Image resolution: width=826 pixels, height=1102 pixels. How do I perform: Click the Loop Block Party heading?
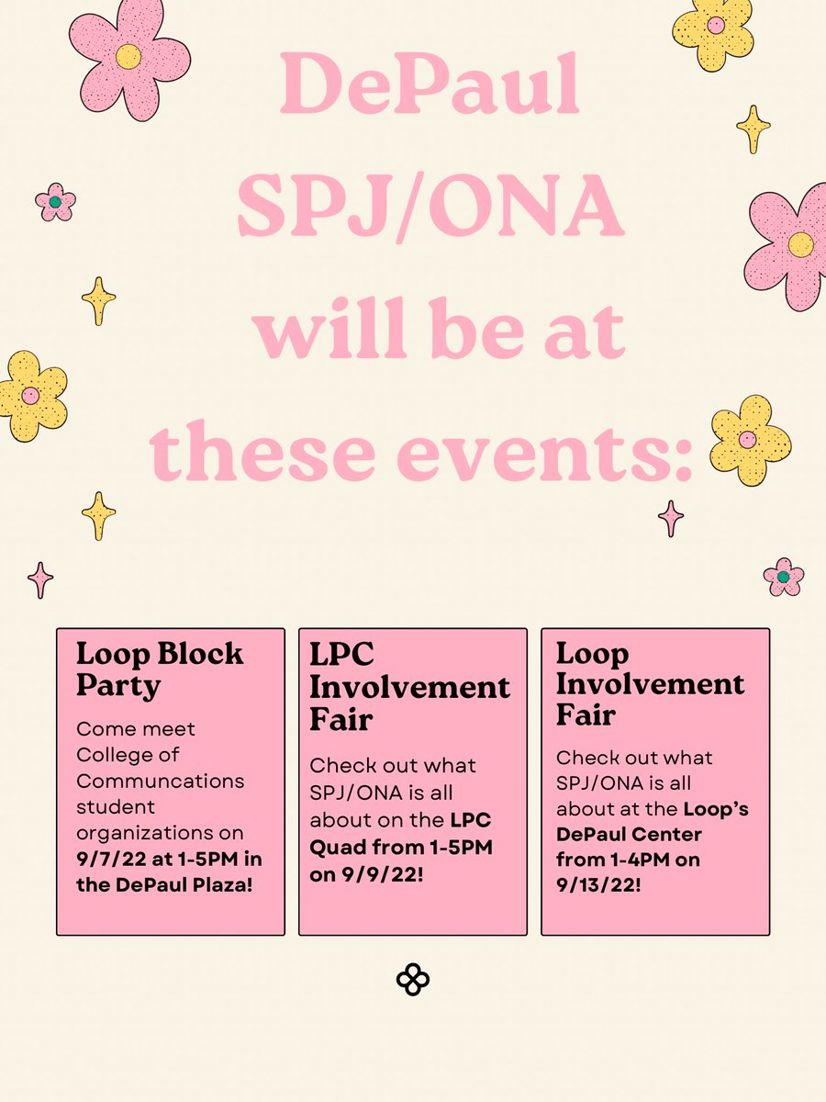coord(160,669)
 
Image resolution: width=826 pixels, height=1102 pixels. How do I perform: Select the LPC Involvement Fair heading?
coord(409,686)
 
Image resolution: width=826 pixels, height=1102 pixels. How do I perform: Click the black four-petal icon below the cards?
coord(413,980)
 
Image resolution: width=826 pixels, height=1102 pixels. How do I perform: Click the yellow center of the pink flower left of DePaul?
coord(128,57)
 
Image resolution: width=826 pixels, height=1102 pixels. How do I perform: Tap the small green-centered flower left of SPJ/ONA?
coord(55,201)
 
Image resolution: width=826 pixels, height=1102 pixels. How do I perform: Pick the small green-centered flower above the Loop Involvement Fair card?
coord(783,577)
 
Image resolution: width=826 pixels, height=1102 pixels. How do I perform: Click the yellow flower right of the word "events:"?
coord(749,439)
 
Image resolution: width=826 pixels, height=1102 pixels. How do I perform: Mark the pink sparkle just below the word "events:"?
coord(671,518)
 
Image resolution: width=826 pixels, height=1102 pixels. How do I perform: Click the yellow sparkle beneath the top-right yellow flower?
coord(753,129)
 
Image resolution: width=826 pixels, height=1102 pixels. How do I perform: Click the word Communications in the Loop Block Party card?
coord(161,782)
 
